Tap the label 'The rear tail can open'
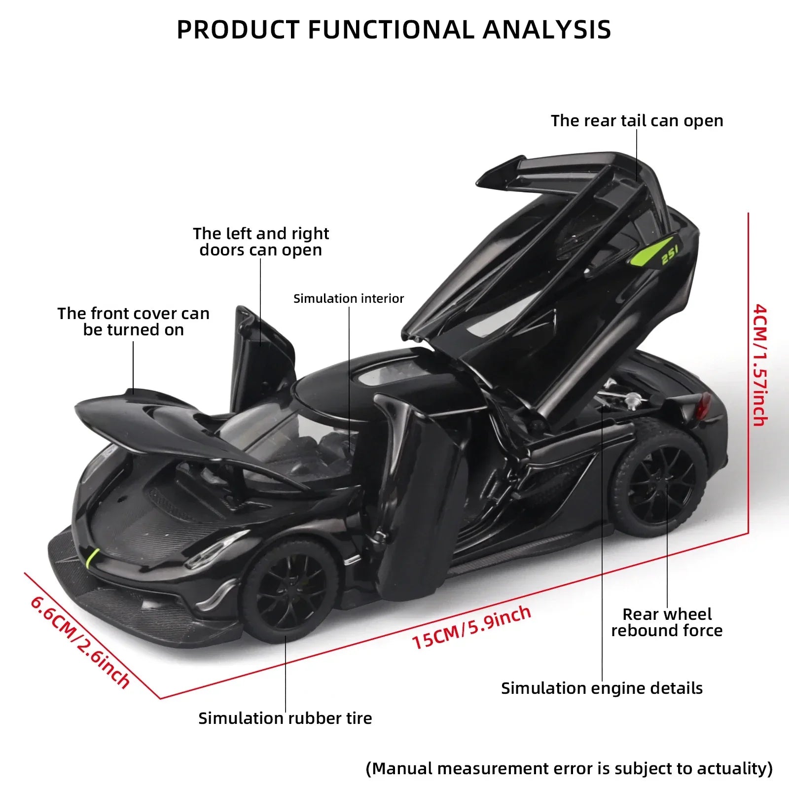pos(637,121)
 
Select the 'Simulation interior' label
pos(348,298)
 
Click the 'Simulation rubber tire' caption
pos(285,718)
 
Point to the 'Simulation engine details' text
pos(602,688)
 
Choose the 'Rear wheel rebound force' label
pos(667,622)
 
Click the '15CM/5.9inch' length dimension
pos(471,627)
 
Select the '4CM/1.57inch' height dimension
pos(759,365)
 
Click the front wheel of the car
pos(288,589)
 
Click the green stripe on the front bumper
pos(93,557)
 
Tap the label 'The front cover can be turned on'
pos(133,322)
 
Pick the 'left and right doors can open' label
pos(261,242)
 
